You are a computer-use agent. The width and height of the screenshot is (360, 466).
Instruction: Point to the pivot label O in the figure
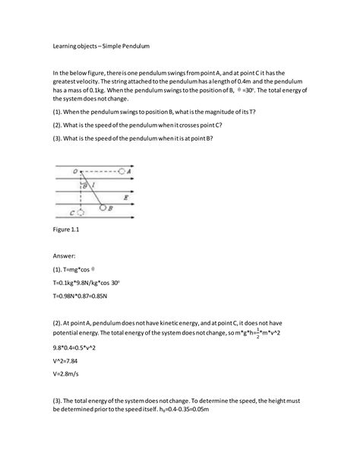click(76, 172)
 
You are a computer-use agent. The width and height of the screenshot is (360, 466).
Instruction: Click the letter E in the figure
click(125, 197)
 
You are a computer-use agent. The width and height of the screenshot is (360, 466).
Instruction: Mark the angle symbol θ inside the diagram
click(84, 185)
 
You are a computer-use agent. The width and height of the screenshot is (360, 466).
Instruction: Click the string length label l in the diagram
click(93, 185)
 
